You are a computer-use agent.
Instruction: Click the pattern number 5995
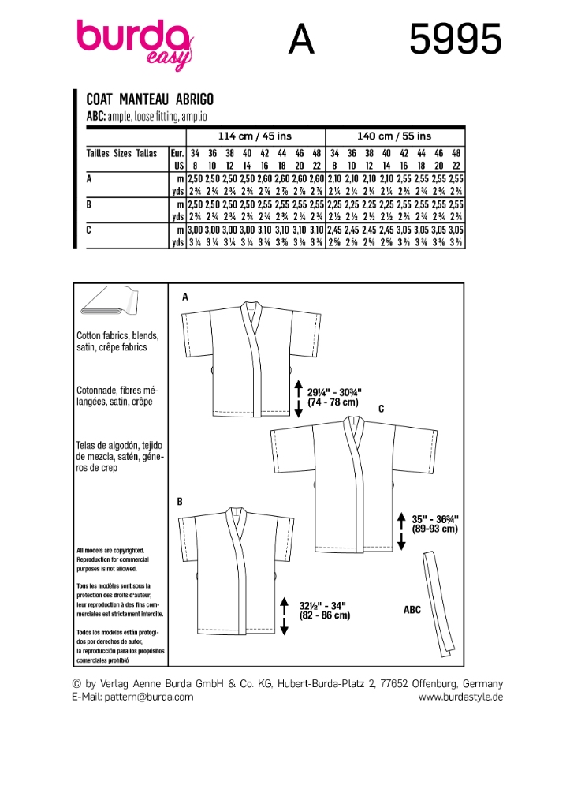tap(455, 39)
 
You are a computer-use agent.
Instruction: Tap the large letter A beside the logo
tap(301, 39)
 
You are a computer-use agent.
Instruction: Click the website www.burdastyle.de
tap(460, 697)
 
